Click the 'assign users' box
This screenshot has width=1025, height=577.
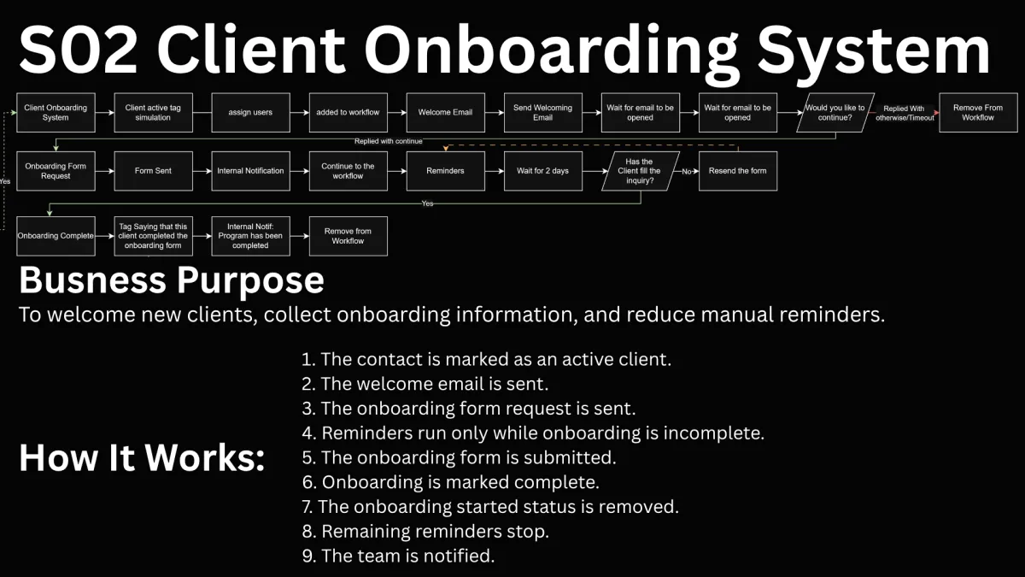(x=251, y=113)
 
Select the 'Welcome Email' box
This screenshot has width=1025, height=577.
(x=445, y=113)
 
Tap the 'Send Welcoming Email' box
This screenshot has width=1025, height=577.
(x=542, y=113)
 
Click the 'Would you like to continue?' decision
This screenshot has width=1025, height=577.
(x=835, y=113)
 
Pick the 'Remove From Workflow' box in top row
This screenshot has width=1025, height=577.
(x=978, y=113)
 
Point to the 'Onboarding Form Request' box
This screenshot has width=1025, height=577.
(x=56, y=171)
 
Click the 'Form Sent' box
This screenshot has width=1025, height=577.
(x=153, y=171)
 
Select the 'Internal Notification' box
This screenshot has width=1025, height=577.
(x=251, y=171)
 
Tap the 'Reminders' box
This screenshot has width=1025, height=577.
(x=445, y=171)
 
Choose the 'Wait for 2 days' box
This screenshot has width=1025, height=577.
(x=542, y=171)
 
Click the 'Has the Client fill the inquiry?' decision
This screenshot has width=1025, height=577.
(x=640, y=171)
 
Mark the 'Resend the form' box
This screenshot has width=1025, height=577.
(x=738, y=171)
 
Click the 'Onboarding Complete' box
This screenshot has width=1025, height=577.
(x=56, y=236)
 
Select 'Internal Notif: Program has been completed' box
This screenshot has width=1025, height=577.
(x=251, y=236)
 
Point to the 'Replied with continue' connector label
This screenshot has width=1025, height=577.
(x=388, y=141)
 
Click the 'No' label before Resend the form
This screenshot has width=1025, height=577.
(x=687, y=172)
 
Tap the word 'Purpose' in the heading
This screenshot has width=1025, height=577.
(x=250, y=281)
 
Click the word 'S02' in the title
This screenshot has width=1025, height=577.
(x=79, y=50)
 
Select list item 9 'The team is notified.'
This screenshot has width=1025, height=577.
(x=398, y=556)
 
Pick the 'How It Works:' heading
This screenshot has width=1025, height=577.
(x=142, y=457)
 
